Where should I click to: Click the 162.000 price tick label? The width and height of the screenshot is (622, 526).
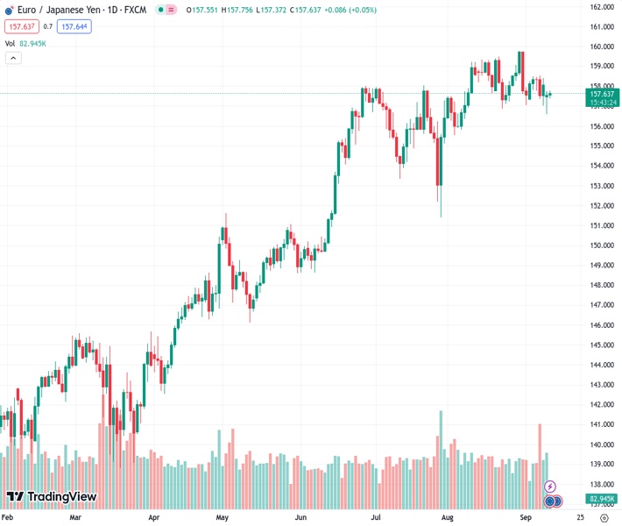pyautogui.click(x=600, y=7)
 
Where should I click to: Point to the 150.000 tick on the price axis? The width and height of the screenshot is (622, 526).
pyautogui.click(x=600, y=245)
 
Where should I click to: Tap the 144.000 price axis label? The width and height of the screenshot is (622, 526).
pyautogui.click(x=600, y=365)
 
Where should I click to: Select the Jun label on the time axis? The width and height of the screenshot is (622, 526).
pyautogui.click(x=300, y=518)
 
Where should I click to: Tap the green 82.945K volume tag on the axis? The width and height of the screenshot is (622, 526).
pyautogui.click(x=600, y=498)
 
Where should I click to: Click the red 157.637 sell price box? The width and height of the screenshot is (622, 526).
pyautogui.click(x=21, y=26)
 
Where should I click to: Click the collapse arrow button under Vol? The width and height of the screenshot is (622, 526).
pyautogui.click(x=13, y=58)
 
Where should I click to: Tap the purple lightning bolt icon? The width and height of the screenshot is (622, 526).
pyautogui.click(x=550, y=486)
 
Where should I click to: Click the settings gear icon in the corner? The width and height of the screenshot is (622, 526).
pyautogui.click(x=604, y=518)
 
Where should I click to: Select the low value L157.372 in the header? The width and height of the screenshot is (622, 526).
pyautogui.click(x=279, y=11)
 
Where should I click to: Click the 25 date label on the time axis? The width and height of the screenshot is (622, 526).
pyautogui.click(x=581, y=518)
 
